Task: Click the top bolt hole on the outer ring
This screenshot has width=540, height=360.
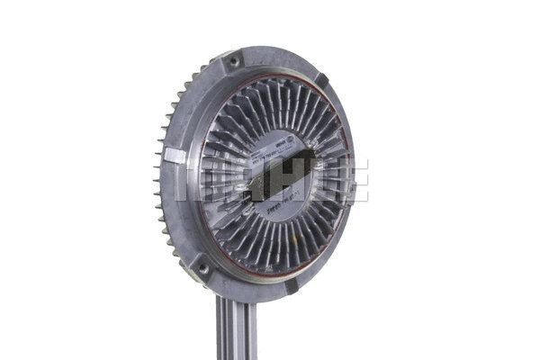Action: [234, 61]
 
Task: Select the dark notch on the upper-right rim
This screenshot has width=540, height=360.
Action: [321, 80]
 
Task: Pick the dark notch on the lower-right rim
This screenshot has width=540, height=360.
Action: [292, 287]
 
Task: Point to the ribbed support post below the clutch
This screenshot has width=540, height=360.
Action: [236, 328]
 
